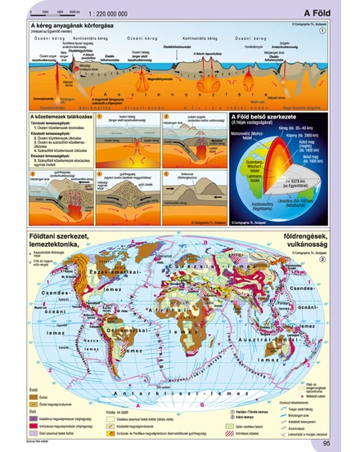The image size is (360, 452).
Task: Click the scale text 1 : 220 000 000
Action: tap(113, 14)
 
